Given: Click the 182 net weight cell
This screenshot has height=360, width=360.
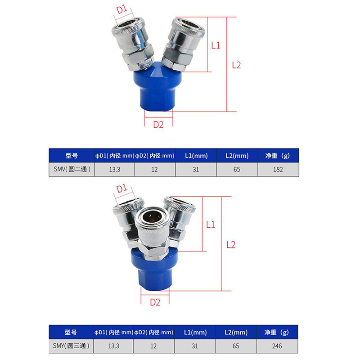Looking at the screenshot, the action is pyautogui.click(x=278, y=170).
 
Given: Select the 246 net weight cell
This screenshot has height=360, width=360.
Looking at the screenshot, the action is pyautogui.click(x=277, y=346).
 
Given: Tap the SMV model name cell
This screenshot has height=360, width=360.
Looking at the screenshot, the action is pyautogui.click(x=72, y=170).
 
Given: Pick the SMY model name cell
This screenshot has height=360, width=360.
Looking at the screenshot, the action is pyautogui.click(x=71, y=346).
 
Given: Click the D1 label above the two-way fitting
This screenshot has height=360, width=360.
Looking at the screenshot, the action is pyautogui.click(x=122, y=9).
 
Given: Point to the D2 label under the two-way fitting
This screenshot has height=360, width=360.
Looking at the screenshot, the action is pyautogui.click(x=158, y=125).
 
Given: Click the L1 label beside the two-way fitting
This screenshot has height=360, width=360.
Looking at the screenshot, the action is pyautogui.click(x=216, y=45).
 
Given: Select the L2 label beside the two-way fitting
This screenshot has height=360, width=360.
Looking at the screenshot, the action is pyautogui.click(x=237, y=65).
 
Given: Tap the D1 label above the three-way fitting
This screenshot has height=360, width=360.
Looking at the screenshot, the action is pyautogui.click(x=122, y=189).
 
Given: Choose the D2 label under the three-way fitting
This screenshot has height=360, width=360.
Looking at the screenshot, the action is pyautogui.click(x=155, y=302).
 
